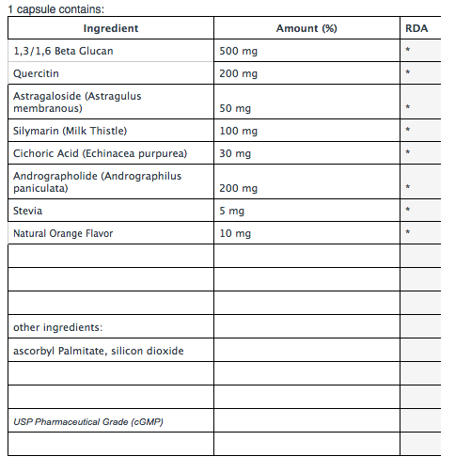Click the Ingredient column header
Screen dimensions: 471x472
(x=111, y=29)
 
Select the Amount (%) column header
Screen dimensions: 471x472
(x=306, y=29)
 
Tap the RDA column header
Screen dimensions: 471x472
(x=416, y=29)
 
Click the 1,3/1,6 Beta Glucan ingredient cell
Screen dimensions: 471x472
(x=63, y=51)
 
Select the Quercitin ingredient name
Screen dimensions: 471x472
(x=38, y=73)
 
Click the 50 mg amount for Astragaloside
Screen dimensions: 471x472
(x=236, y=108)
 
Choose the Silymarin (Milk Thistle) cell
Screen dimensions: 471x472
(x=70, y=131)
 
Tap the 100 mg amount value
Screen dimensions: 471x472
(x=239, y=131)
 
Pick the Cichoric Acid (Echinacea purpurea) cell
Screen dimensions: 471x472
(x=100, y=153)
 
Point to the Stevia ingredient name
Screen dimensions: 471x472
(x=28, y=211)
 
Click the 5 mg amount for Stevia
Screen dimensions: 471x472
(x=232, y=211)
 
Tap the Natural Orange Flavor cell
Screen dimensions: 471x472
(x=63, y=233)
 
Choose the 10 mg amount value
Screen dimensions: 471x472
(x=236, y=233)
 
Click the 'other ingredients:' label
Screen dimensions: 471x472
(x=57, y=327)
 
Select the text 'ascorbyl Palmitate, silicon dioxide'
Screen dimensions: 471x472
(x=99, y=351)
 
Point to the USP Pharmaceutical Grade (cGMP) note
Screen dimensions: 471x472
(x=88, y=421)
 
